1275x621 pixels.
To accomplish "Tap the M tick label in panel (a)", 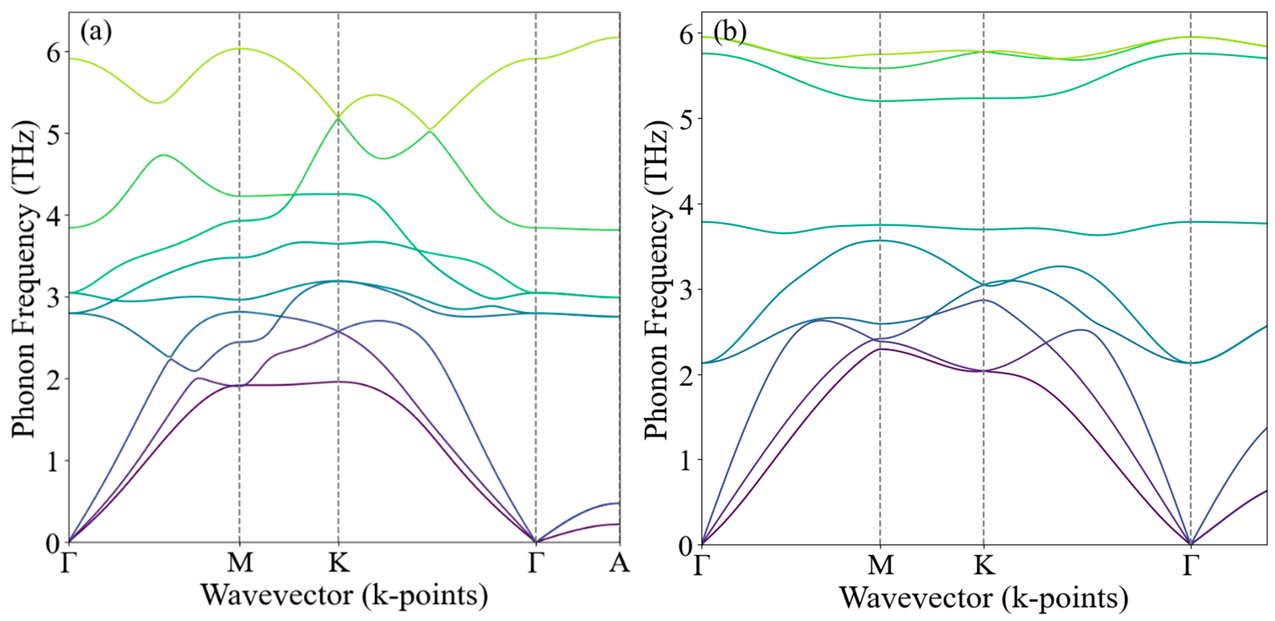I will [x=240, y=563].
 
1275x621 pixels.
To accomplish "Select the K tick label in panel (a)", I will [x=339, y=563].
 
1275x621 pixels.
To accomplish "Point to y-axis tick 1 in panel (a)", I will [x=54, y=461].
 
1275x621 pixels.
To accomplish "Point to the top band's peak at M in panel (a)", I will [x=240, y=49].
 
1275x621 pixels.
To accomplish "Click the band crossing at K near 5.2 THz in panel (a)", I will [x=339, y=117].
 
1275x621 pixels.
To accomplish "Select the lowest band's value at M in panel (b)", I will [x=880, y=349].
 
